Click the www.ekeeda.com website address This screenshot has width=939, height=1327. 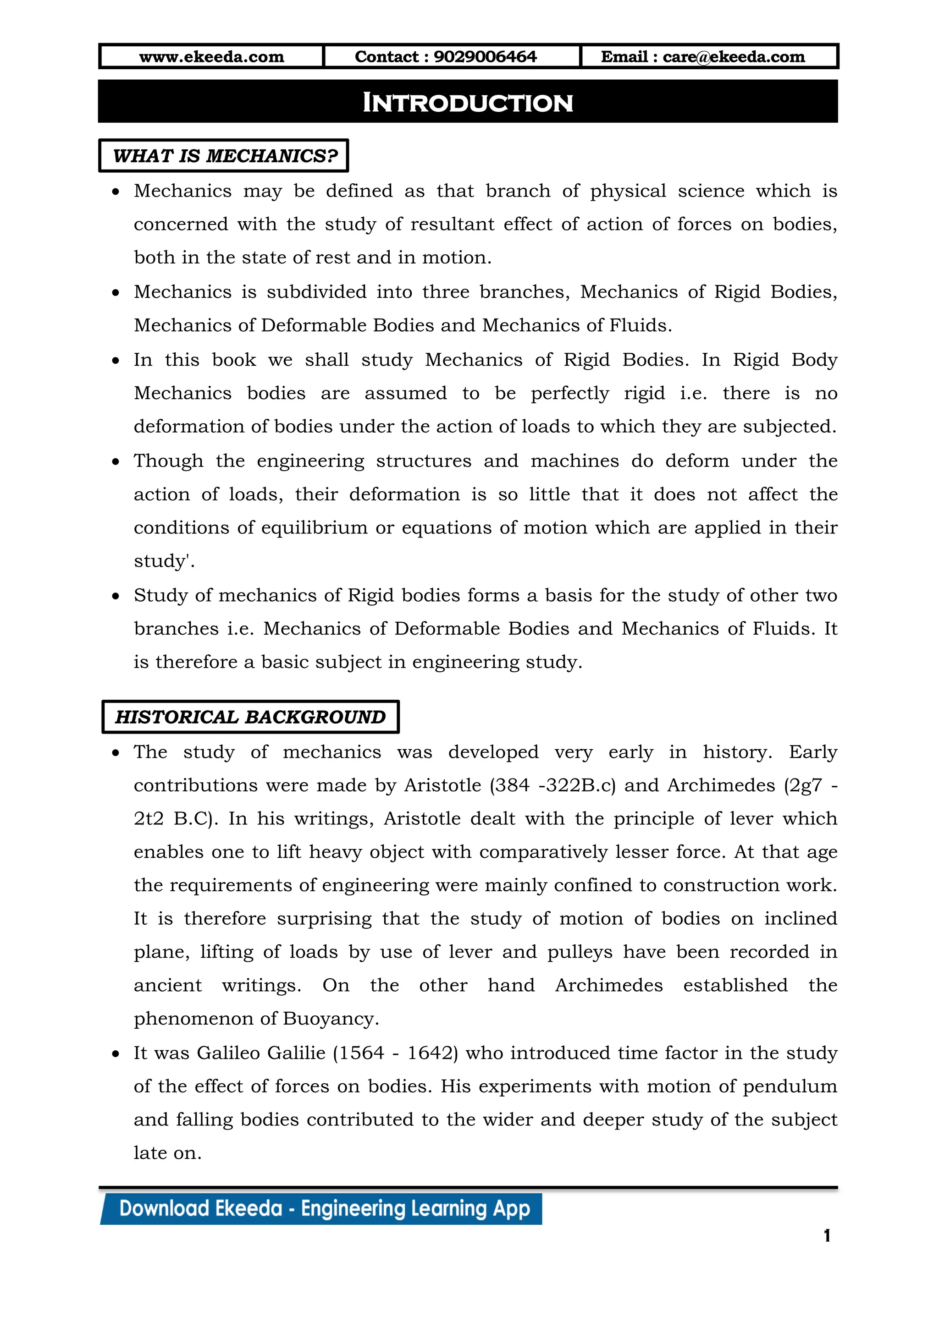pos(212,57)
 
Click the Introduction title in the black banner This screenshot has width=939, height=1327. pos(468,103)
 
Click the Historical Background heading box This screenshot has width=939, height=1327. pos(250,717)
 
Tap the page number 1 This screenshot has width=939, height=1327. pos(827,1236)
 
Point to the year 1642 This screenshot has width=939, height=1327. pos(429,1053)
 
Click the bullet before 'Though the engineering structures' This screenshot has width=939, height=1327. pos(116,462)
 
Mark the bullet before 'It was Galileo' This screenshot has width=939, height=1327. pos(116,1053)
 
